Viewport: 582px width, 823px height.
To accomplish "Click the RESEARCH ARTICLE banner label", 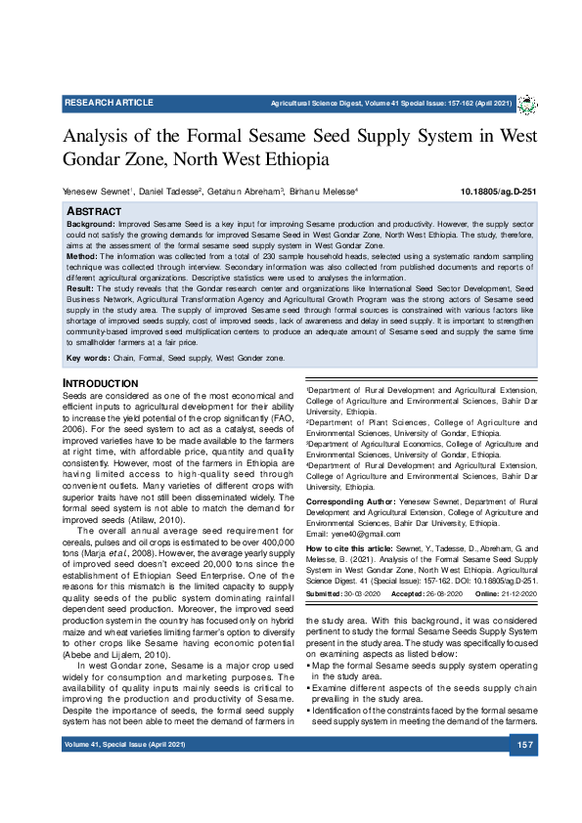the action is [x=109, y=103].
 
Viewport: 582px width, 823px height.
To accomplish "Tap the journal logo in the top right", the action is [x=527, y=104].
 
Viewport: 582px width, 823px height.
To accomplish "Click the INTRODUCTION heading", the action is [x=101, y=382].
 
